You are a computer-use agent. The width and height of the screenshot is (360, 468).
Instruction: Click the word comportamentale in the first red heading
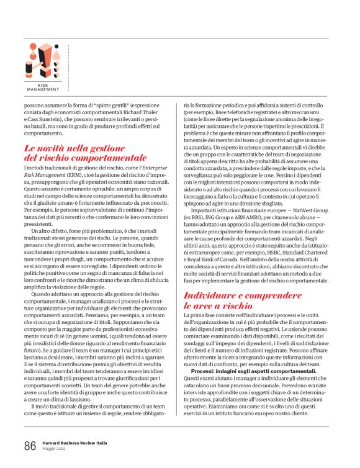pyautogui.click(x=106, y=158)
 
